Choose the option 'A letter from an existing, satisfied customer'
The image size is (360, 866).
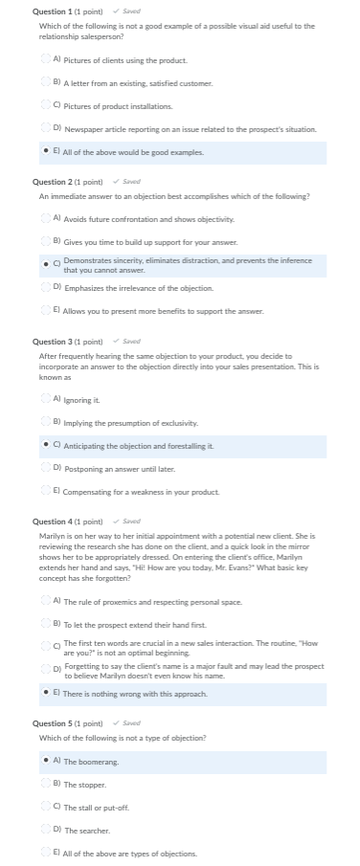46,83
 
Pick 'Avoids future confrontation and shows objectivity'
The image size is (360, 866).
46,219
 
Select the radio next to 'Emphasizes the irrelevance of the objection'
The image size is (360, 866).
46,287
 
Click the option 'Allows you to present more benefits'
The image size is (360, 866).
46,310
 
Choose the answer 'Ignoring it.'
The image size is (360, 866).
46,398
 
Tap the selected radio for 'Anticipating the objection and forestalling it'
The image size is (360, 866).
46,446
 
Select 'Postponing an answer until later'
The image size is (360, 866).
46,468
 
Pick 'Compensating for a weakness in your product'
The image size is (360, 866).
46,491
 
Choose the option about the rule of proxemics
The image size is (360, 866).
46,601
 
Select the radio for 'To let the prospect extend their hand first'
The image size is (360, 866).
46,623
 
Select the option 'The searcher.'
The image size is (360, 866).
46,830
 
